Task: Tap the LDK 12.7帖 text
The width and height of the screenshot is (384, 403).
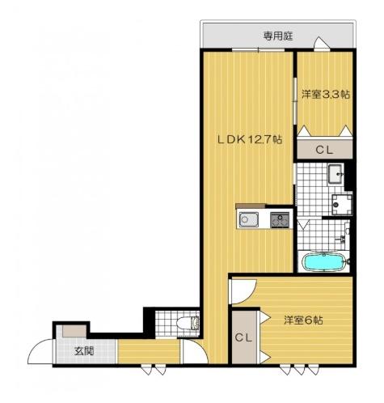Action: [248, 138]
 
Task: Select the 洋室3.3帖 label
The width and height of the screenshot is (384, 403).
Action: [325, 95]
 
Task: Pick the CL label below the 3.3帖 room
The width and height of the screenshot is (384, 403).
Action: [323, 149]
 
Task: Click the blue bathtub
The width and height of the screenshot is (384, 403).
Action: [323, 262]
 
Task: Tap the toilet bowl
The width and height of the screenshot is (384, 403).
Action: [191, 325]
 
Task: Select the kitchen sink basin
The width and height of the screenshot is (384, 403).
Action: [247, 218]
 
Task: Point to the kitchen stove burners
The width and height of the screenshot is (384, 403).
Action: [280, 218]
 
